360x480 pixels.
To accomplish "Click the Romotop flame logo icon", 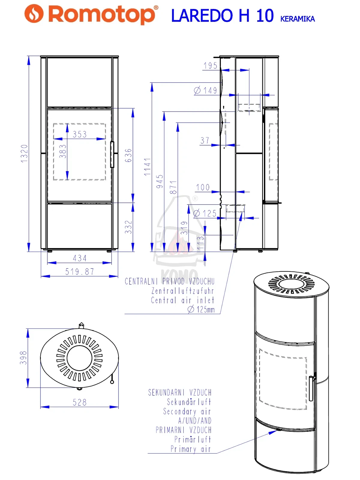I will [34, 14].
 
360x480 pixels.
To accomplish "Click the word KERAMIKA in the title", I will [297, 19].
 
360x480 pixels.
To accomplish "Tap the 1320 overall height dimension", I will [24, 154].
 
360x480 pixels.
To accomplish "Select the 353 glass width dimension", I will [79, 134].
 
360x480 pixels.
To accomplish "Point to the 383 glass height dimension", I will [62, 151].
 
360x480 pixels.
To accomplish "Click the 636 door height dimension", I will [128, 155].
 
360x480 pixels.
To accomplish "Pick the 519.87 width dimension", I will [79, 272].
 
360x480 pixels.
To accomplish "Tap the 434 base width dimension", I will [79, 258].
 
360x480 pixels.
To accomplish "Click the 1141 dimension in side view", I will [147, 167].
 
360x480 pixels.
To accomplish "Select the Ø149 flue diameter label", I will [205, 90].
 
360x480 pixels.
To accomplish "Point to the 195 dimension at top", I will [210, 66].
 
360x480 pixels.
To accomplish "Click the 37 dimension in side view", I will [205, 140].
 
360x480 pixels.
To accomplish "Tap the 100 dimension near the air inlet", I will [203, 187].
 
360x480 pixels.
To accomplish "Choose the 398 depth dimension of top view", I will [23, 358].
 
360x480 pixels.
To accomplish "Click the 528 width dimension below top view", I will [79, 402].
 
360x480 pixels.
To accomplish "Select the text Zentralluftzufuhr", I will [182, 291].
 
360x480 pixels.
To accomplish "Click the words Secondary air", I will [187, 412].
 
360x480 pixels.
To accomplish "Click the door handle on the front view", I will [112, 154].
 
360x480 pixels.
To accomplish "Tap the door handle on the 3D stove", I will [311, 388].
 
